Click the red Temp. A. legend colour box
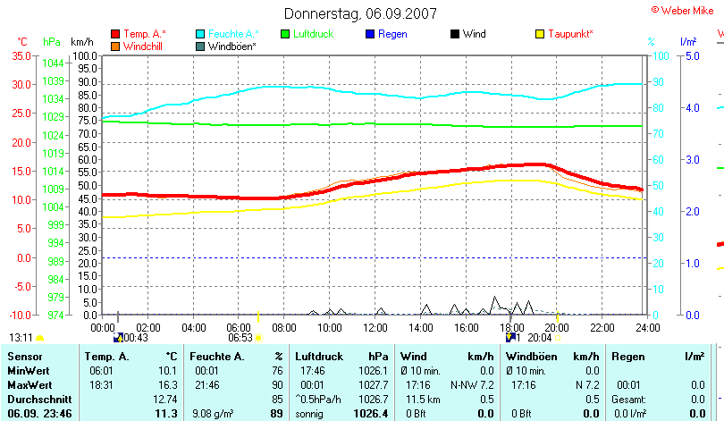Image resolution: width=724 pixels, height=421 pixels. pos(115,34)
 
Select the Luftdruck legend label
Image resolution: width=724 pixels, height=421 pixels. pos(312,34)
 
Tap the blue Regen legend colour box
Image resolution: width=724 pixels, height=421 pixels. pos(371,34)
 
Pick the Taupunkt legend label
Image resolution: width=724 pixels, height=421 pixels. pos(570,34)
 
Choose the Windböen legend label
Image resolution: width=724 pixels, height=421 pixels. pos(232,46)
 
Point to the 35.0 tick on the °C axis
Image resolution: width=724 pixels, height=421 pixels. pos(21,55)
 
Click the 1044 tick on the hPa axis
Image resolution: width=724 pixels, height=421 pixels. pos(53,63)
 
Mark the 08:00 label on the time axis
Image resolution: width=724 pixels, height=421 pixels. pos(285,328)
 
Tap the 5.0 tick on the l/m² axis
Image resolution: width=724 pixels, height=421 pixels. pos(690,55)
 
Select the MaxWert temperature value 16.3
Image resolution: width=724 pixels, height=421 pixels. pos(167,383)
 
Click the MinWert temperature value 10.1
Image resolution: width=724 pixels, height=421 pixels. pos(167,370)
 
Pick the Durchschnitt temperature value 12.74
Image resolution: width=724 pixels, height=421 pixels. pos(164,398)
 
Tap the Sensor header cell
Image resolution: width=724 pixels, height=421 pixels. pos(25,356)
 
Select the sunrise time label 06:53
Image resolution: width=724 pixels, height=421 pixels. pos(240,338)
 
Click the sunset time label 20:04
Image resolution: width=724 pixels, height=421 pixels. pos(540,338)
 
